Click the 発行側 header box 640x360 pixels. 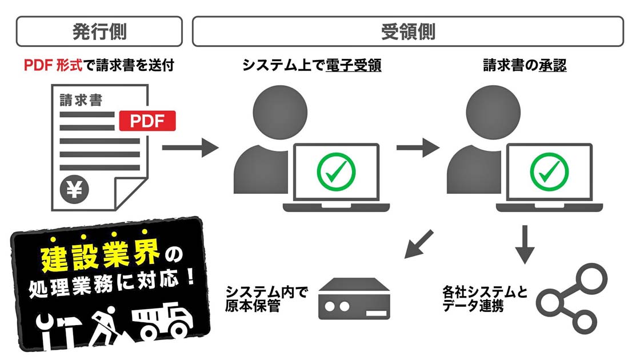99,31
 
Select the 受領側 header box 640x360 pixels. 408,31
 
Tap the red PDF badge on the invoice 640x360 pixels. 147,121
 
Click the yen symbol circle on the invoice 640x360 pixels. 74,189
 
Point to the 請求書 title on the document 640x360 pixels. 81,99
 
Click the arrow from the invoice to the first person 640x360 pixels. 191,147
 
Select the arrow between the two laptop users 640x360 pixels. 418,147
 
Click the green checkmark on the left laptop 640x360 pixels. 337,172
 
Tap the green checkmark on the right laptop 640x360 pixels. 549,172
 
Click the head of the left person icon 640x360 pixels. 280,112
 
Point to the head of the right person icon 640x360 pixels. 493,112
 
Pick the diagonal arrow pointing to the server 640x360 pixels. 419,243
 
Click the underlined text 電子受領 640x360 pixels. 354,65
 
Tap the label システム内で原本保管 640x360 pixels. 266,299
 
